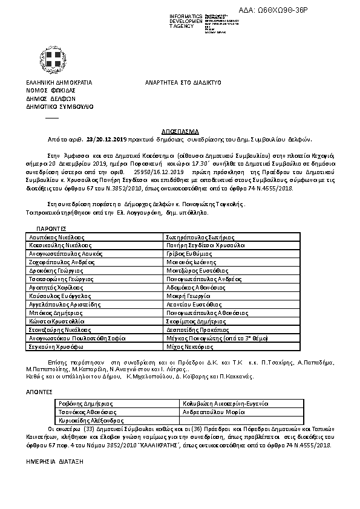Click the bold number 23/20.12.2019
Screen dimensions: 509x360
tap(107, 138)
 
